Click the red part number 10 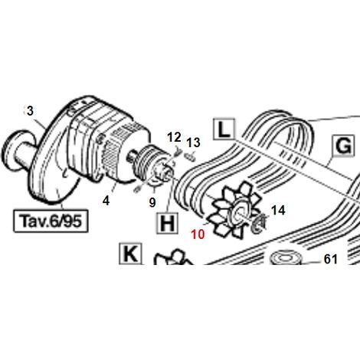click(x=198, y=234)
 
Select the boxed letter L click(x=224, y=129)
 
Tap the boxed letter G click(x=344, y=146)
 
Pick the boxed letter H click(x=168, y=224)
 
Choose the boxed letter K click(x=130, y=254)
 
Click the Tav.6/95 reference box click(x=51, y=221)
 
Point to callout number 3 click(x=30, y=111)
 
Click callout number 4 click(x=106, y=201)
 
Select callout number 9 click(x=152, y=202)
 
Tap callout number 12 click(x=175, y=137)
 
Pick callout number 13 click(x=193, y=142)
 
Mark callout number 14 click(x=278, y=211)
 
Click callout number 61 click(x=331, y=260)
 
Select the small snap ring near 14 click(x=259, y=224)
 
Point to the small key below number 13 click(x=191, y=156)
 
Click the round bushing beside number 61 click(x=286, y=258)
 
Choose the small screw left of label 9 click(x=137, y=189)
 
